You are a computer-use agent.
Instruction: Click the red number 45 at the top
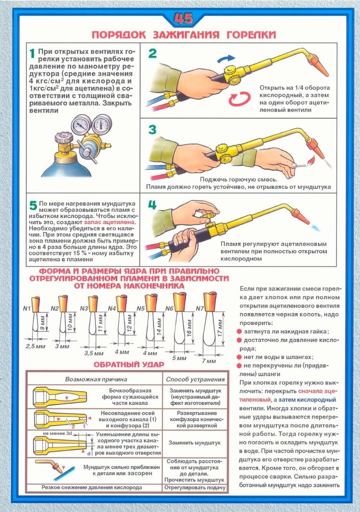183,18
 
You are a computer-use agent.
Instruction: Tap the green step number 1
32,54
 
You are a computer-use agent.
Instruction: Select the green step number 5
33,206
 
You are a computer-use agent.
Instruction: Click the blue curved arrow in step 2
226,58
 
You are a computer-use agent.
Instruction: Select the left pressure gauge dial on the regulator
80,125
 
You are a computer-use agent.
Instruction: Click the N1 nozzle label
27,308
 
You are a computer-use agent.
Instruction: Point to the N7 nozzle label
200,308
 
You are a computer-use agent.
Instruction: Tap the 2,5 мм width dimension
36,346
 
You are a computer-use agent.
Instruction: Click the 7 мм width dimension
209,361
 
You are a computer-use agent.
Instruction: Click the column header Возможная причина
96,379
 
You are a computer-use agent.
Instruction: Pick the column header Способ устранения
195,379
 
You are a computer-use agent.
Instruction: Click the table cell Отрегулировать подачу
195,488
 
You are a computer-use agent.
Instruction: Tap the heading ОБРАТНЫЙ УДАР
129,364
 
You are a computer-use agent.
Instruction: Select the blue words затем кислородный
307,400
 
